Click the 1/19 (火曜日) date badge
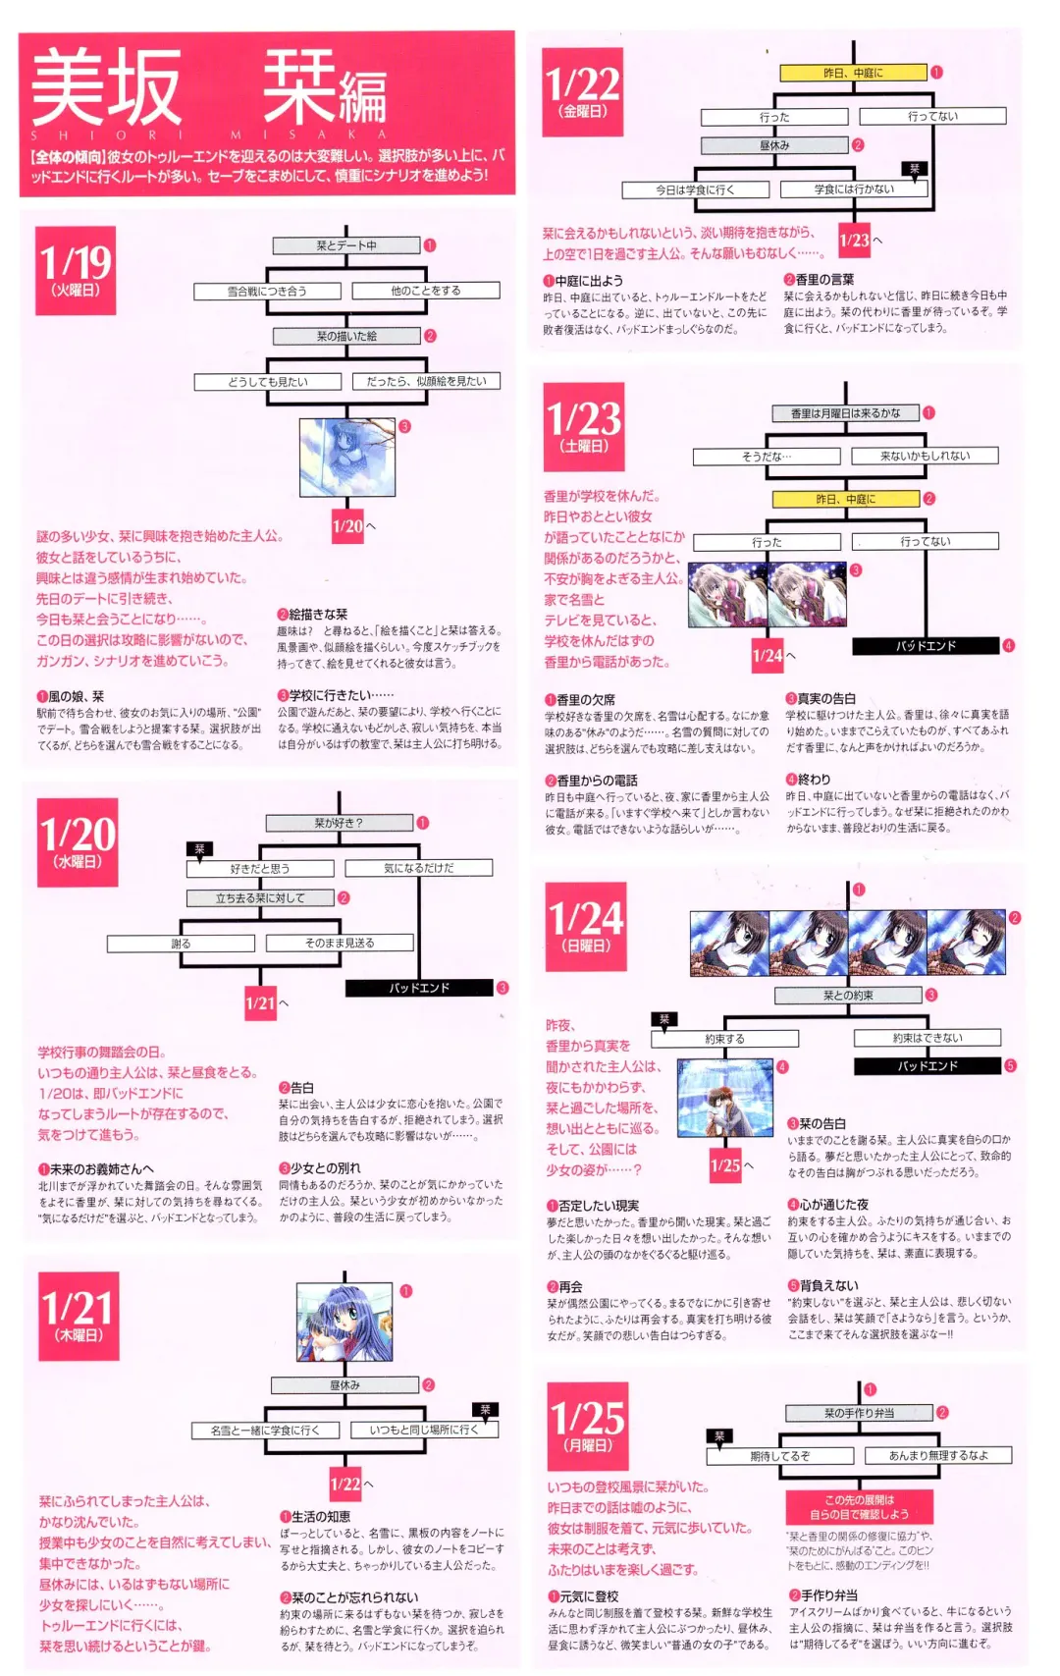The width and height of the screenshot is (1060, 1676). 76,270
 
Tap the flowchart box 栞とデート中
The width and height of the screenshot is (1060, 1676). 345,245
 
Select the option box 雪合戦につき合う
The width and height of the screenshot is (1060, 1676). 267,291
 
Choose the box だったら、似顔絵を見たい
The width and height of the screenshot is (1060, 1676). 426,381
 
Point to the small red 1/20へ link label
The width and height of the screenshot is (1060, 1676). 348,526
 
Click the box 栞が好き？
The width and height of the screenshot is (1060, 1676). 338,823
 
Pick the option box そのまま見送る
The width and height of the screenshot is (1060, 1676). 339,943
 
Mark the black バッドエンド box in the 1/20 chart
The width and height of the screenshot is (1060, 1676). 418,988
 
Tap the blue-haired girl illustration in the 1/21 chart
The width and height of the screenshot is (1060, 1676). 344,1322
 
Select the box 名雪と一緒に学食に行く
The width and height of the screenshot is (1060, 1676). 265,1430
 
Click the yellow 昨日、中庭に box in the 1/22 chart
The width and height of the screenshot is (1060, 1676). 852,73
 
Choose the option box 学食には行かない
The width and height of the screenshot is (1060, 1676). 853,189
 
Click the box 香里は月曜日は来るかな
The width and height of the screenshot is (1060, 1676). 844,413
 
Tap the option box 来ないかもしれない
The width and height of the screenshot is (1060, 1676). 924,456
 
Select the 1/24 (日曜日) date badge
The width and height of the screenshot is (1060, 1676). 587,927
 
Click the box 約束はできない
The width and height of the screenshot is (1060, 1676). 927,1038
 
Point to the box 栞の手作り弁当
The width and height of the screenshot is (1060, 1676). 859,1413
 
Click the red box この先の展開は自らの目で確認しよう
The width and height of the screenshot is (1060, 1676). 858,1507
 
